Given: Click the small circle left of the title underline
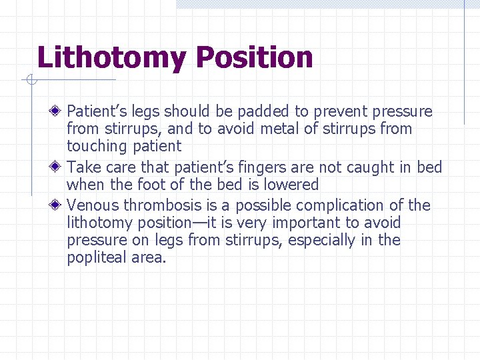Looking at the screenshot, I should click(31, 81).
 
